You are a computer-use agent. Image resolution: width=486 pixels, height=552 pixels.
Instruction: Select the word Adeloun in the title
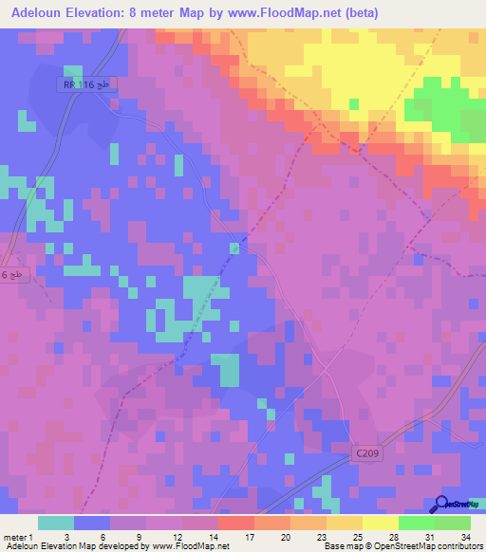(x=44, y=12)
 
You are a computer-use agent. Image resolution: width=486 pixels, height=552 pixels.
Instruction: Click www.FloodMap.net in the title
(x=307, y=12)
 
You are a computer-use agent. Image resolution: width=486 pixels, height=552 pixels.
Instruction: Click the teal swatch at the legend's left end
(x=56, y=522)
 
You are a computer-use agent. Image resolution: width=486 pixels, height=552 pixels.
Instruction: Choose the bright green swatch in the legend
(x=416, y=522)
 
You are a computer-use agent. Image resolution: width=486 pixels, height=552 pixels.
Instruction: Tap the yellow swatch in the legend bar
(x=380, y=522)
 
